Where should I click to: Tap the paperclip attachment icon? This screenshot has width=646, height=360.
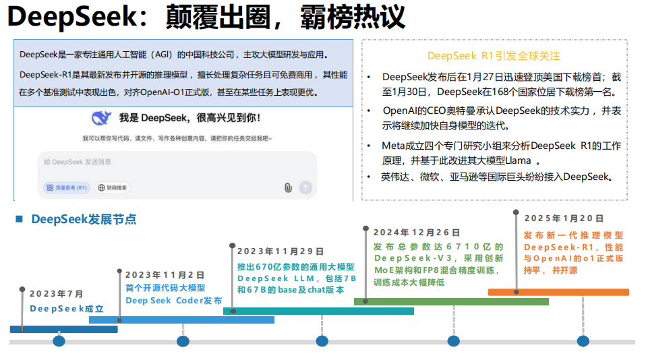point(288,187)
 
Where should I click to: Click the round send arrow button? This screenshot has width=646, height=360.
point(305,187)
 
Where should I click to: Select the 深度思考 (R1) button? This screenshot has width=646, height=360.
point(67,187)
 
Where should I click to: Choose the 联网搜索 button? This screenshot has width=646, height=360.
point(113,187)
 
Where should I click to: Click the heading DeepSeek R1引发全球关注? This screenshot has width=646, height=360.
point(494,56)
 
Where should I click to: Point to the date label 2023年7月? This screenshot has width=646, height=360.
point(57,294)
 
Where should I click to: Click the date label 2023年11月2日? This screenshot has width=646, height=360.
point(165,275)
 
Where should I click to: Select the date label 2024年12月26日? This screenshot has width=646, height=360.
point(417,233)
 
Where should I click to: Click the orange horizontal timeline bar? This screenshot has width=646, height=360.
point(558,292)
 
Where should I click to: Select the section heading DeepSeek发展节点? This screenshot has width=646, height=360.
point(84,219)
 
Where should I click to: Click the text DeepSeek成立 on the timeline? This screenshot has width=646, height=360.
point(67,309)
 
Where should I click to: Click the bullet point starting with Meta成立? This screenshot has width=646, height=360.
point(496,153)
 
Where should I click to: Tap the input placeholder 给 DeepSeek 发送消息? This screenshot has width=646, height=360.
point(78,162)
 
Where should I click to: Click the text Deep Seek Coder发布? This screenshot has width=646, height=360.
point(173,301)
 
